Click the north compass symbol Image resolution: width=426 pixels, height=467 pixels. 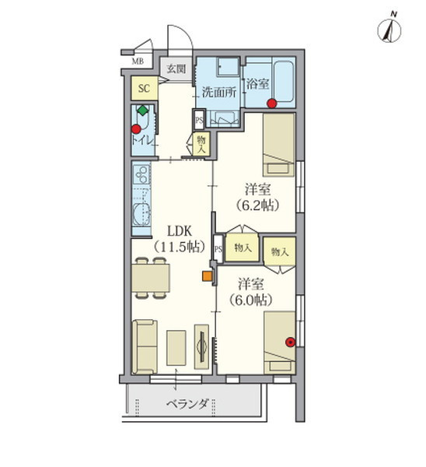tap(389, 30)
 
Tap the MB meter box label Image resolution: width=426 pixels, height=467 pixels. tap(138, 61)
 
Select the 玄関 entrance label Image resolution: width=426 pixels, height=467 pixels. tap(176, 68)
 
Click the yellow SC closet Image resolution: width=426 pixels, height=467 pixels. tap(145, 89)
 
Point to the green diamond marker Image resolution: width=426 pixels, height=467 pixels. tap(143, 111)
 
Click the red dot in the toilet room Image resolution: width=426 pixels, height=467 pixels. tap(136, 129)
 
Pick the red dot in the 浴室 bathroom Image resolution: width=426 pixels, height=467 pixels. tap(272, 104)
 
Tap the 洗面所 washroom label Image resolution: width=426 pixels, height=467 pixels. tap(219, 93)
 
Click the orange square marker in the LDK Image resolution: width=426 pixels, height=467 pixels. tap(207, 276)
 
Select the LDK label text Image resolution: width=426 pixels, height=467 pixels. tap(180, 231)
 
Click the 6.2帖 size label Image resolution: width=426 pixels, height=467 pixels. tap(257, 205)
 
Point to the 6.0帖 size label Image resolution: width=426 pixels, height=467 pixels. tap(250, 300)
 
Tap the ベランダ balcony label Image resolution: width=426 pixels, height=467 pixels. tap(187, 404)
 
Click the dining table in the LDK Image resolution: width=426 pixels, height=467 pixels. tap(151, 278)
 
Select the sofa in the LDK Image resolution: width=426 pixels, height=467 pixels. tap(145, 346)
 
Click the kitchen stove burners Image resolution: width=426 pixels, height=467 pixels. tap(141, 174)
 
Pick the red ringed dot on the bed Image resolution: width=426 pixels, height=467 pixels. tap(290, 342)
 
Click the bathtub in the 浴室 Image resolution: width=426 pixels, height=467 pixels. tap(284, 81)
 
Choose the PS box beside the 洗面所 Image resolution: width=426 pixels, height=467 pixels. tap(199, 120)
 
